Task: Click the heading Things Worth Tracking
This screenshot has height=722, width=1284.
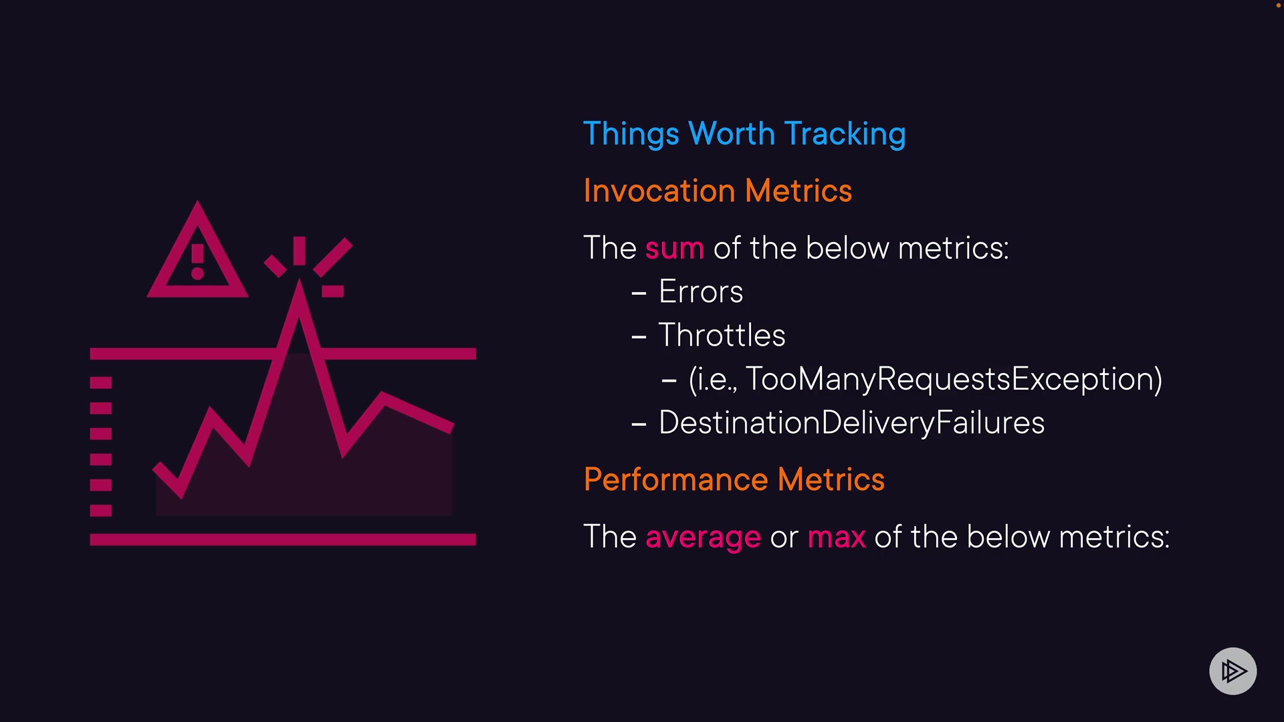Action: click(744, 134)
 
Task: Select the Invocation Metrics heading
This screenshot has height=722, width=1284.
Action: click(718, 191)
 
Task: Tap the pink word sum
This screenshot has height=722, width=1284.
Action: click(675, 249)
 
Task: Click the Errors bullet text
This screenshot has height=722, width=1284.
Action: click(701, 292)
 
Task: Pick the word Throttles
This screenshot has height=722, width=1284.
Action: click(722, 335)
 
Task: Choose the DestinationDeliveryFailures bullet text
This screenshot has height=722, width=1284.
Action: click(851, 423)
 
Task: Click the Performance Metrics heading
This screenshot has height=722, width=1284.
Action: click(734, 480)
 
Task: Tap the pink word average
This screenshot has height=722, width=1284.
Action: click(704, 538)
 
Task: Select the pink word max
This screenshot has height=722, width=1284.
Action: click(837, 538)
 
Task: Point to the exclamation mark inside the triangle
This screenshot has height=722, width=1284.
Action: click(197, 261)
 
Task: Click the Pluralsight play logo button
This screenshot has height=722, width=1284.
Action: click(1233, 671)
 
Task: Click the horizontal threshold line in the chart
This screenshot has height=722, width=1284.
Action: click(283, 354)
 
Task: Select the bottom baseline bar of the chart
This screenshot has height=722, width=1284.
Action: click(283, 539)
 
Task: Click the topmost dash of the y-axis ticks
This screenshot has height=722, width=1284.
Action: click(101, 382)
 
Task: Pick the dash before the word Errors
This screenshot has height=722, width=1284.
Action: click(639, 293)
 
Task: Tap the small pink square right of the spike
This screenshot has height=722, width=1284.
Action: click(333, 291)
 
